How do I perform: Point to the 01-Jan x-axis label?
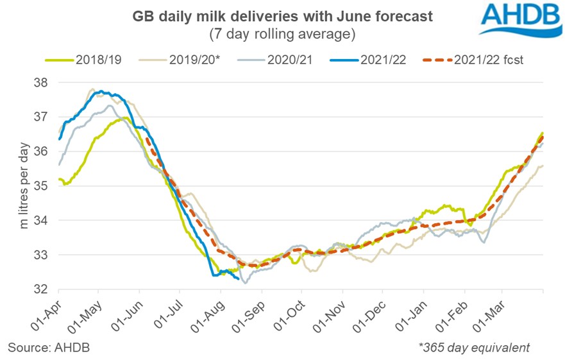pyautogui.click(x=408, y=315)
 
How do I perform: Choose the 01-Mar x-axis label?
pyautogui.click(x=486, y=315)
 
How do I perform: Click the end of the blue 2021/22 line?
pyautogui.click(x=239, y=279)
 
